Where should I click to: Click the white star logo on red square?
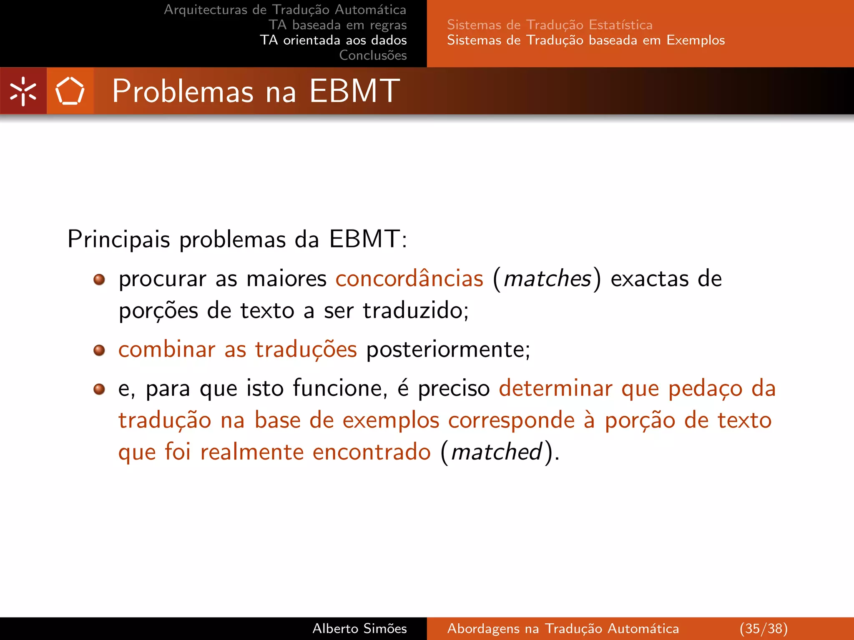click(x=23, y=91)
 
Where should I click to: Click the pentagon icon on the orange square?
click(x=70, y=91)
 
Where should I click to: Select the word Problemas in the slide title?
click(x=183, y=91)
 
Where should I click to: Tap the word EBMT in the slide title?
click(x=354, y=90)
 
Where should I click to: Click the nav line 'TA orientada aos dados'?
click(x=333, y=40)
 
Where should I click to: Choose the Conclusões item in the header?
click(x=373, y=55)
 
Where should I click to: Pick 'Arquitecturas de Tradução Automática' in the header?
click(x=285, y=10)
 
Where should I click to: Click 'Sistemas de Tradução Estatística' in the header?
click(x=550, y=25)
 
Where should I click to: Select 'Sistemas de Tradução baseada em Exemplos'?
click(x=586, y=40)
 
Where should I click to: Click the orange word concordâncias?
click(x=409, y=278)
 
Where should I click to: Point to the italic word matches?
click(x=548, y=278)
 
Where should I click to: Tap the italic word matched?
click(x=497, y=452)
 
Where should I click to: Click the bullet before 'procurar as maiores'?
click(x=99, y=279)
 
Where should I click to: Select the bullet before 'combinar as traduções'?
click(x=99, y=350)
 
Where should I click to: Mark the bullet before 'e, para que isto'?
click(x=99, y=389)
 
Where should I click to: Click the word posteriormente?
click(x=448, y=349)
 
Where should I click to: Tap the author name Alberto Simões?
click(x=359, y=628)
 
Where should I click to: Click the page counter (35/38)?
click(x=764, y=628)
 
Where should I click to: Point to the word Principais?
click(x=119, y=239)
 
